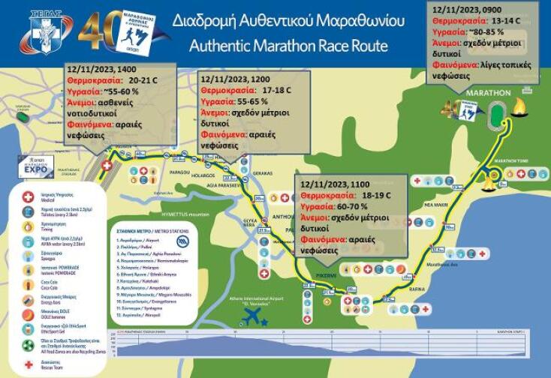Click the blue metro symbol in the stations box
click(x=182, y=242)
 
